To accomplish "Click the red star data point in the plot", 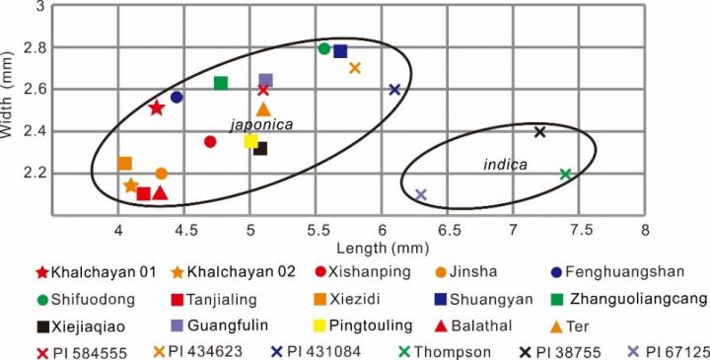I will pos(156,108).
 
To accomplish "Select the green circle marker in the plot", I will pos(324,48).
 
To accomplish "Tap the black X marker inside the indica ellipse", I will pos(539,132).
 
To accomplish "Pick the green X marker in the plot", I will pos(565,175).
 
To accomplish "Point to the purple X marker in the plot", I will pos(421,194).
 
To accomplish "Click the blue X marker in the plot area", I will pos(394,90).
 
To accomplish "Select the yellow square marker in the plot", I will pos(251,141).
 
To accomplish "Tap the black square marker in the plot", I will pos(260,149).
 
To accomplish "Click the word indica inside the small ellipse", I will pos(504,164).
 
